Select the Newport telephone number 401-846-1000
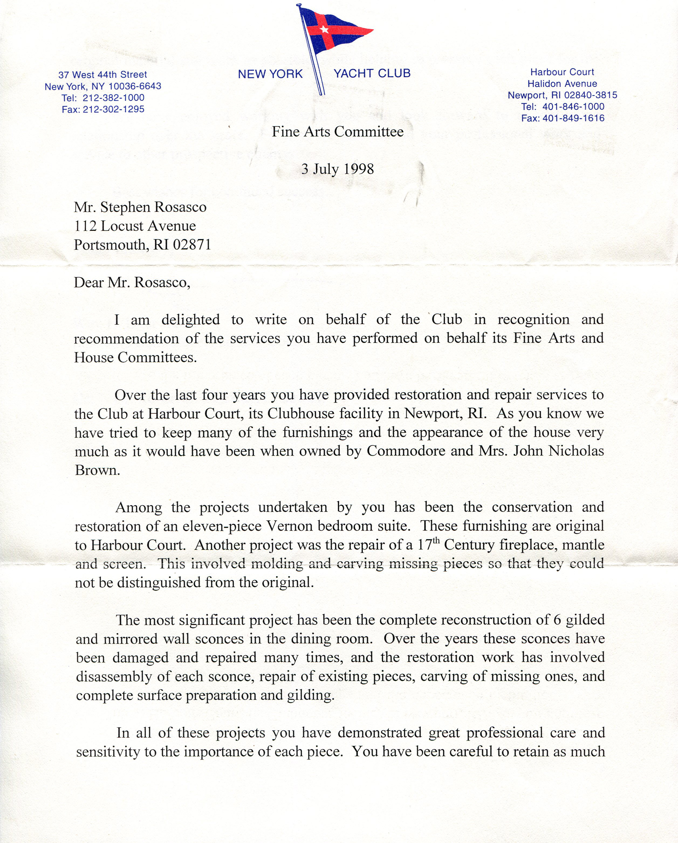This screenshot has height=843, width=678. coord(573,106)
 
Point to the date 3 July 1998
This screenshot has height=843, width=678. coord(337,169)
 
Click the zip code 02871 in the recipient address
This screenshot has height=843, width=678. coord(192,245)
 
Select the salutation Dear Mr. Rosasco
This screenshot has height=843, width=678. coord(132,282)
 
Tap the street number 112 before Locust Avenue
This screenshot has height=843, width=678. coord(86,226)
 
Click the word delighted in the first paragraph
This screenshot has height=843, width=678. coord(190,320)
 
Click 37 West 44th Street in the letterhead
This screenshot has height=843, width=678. coord(102,75)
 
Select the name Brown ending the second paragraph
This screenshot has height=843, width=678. coord(97,470)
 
